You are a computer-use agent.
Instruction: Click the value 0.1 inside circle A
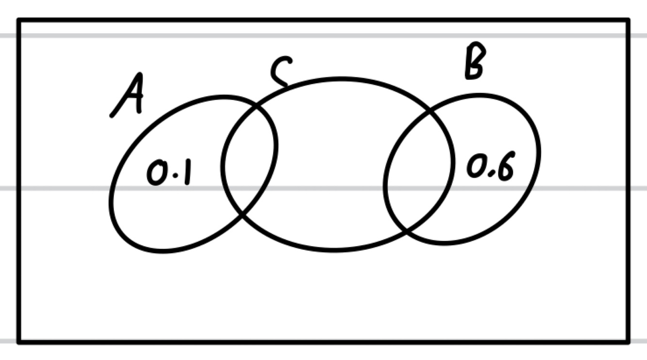168,173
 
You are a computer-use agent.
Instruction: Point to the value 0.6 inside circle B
490,167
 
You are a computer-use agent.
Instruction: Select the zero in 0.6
475,166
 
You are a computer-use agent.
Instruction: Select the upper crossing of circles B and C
430,110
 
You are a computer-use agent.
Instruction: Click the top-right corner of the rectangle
629,21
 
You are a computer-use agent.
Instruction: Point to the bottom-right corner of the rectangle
629,342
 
